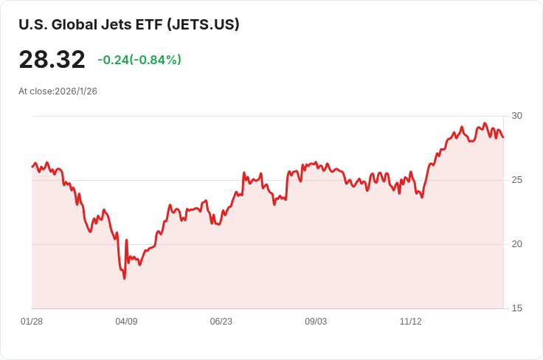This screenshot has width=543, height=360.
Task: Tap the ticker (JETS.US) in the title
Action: point(203,24)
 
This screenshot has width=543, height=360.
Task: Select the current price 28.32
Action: point(52,60)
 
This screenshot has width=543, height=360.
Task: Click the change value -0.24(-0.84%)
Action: point(139,60)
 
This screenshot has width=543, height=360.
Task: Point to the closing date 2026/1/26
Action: point(76,91)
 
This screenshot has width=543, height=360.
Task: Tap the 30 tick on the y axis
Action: point(516,116)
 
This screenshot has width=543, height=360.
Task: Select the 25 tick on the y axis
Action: point(516,180)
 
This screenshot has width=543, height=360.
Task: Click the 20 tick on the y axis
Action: point(516,244)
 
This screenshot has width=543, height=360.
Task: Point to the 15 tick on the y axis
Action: point(516,308)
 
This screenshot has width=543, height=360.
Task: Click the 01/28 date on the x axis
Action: point(32,322)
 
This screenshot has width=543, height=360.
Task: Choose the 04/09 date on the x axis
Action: point(126,322)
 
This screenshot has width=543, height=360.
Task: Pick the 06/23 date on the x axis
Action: point(221,322)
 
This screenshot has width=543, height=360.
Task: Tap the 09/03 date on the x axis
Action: point(316,322)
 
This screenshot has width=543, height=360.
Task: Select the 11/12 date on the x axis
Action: point(410,322)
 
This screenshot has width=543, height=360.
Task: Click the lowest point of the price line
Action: point(124,278)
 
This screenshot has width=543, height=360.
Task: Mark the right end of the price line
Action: point(503,137)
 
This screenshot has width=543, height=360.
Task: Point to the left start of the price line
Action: point(32,167)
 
